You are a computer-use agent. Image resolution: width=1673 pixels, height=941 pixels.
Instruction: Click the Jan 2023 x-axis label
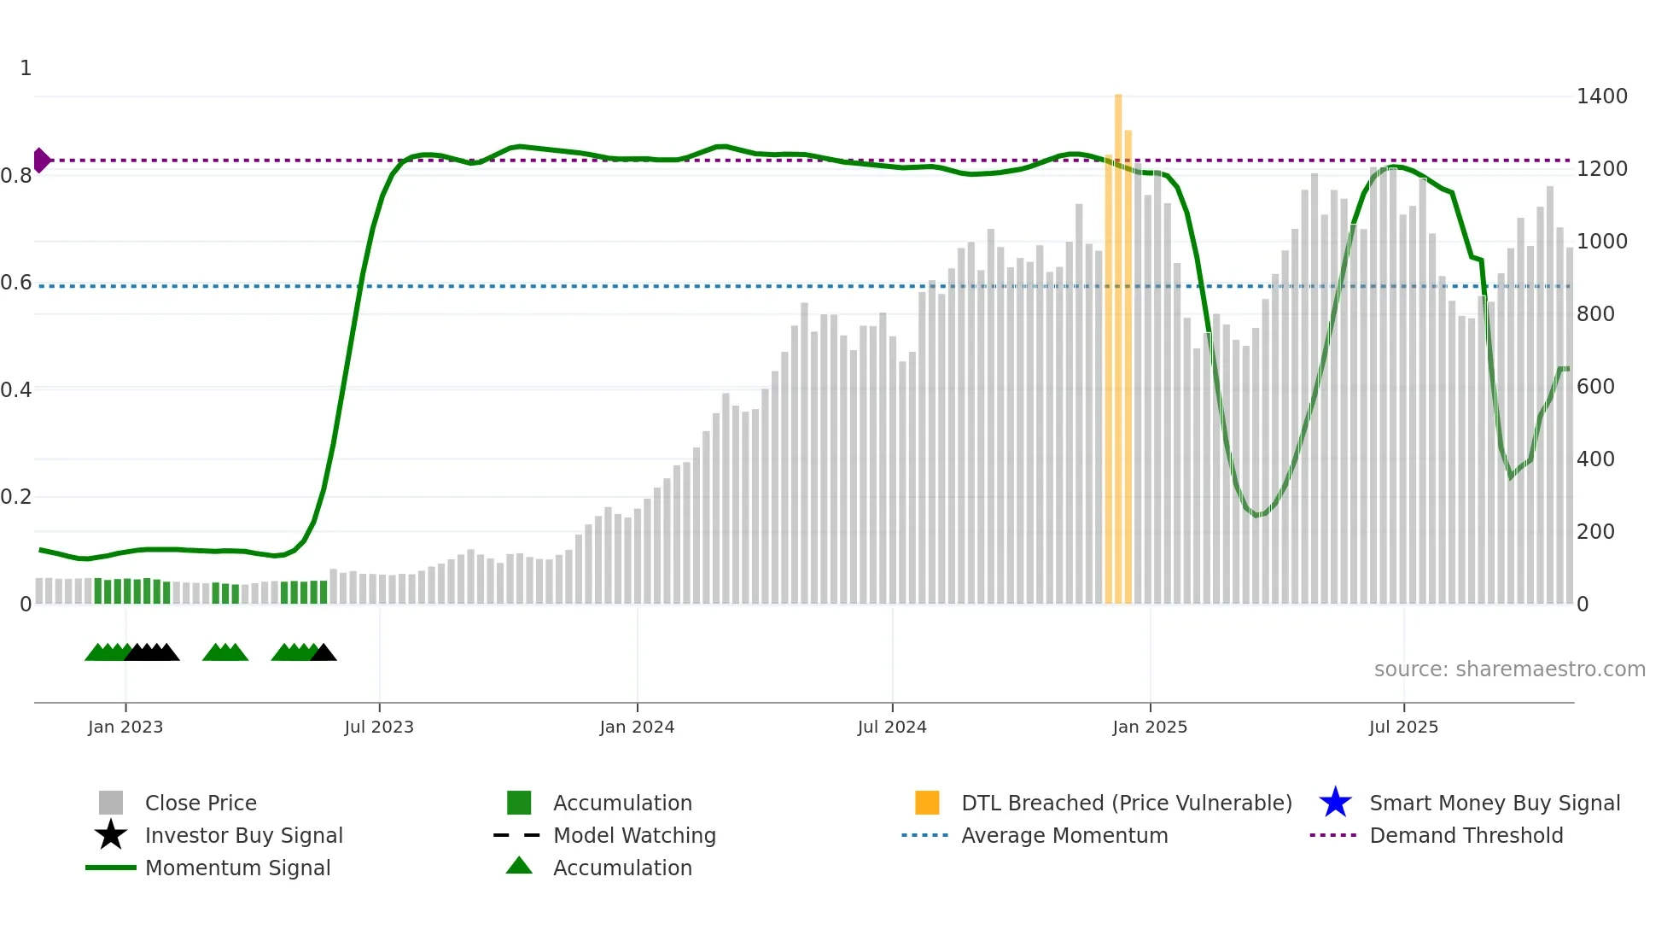tap(125, 727)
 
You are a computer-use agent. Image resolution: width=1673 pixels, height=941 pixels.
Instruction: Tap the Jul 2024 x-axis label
tap(892, 727)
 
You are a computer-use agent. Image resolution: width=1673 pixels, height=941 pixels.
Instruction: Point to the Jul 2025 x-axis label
tap(1403, 727)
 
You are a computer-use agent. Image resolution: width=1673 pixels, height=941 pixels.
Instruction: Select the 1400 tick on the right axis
tap(1601, 96)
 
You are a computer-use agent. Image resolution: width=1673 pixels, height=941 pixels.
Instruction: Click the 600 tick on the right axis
tap(1595, 387)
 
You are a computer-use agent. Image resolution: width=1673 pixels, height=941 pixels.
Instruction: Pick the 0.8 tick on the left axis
tap(16, 176)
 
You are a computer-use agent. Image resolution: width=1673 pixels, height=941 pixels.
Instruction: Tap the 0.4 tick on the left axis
tap(16, 390)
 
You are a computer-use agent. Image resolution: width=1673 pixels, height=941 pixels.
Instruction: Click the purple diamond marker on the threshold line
tap(41, 160)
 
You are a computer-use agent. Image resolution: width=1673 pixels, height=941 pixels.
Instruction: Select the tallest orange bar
tap(1118, 342)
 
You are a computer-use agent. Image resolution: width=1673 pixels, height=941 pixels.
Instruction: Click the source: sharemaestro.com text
tap(1509, 669)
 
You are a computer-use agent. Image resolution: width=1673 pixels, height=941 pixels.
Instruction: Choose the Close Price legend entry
tap(201, 803)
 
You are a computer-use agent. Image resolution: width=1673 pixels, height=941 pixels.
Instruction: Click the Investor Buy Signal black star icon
tap(111, 835)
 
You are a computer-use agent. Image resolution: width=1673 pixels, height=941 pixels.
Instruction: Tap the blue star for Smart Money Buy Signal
tap(1335, 803)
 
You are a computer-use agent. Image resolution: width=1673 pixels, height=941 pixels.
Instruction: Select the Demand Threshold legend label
tap(1466, 835)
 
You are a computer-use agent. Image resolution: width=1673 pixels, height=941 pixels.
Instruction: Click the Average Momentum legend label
tap(1064, 835)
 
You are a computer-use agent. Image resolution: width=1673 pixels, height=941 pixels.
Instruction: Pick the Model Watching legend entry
tap(634, 835)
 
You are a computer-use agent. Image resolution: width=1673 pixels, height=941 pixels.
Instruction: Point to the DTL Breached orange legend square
tap(927, 803)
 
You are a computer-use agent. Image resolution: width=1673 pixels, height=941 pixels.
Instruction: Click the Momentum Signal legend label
tap(237, 868)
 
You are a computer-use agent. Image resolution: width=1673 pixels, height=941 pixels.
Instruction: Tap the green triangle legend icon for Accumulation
tap(519, 866)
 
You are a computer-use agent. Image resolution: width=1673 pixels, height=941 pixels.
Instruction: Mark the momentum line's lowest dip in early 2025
tap(1256, 515)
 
